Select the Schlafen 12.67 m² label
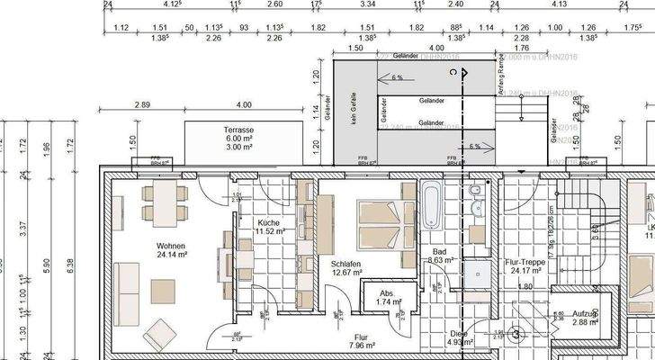(345, 267)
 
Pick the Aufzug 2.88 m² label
(570, 317)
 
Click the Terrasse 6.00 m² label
(238, 135)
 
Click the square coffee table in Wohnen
(163, 290)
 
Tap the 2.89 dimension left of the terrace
(141, 105)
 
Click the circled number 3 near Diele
(516, 335)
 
